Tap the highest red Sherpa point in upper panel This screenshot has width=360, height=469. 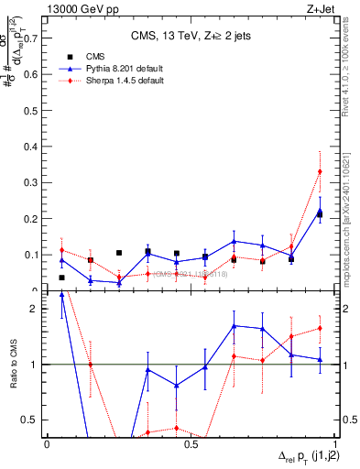(x=320, y=171)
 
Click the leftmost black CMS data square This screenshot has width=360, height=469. (x=61, y=278)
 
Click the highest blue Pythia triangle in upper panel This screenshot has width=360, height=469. (x=320, y=212)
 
